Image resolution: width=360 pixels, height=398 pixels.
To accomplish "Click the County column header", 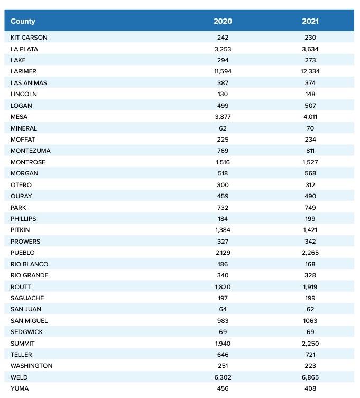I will (23, 22).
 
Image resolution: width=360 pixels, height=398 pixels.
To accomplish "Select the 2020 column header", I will (223, 22).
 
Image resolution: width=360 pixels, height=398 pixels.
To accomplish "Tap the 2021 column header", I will (310, 22).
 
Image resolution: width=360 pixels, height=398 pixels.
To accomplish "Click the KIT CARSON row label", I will (29, 38).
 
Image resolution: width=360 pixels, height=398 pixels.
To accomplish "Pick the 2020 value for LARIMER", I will (223, 71).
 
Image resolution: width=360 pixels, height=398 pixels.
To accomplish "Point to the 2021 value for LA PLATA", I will (310, 49).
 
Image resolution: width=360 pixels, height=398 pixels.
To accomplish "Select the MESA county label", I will (19, 117).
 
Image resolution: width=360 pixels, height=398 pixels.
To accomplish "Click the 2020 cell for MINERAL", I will (223, 128).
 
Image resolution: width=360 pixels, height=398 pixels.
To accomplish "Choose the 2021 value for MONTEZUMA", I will (310, 151).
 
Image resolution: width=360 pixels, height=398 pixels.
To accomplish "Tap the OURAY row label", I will (21, 196).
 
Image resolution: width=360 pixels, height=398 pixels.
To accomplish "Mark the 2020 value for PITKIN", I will (223, 230).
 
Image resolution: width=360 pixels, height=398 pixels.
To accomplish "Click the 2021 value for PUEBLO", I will (310, 253).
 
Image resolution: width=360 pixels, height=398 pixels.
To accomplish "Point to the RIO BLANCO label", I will (30, 264).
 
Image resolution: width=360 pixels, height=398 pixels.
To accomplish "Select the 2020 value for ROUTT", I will (223, 286).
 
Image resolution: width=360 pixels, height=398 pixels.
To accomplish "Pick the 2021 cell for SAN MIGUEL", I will (310, 321).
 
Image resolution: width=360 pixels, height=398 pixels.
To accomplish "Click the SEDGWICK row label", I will (27, 332).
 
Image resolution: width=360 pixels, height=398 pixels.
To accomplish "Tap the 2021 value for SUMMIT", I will (310, 344).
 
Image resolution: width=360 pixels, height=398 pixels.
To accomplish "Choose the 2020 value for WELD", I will (223, 377).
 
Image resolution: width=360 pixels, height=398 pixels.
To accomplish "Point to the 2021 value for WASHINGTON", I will (310, 366).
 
